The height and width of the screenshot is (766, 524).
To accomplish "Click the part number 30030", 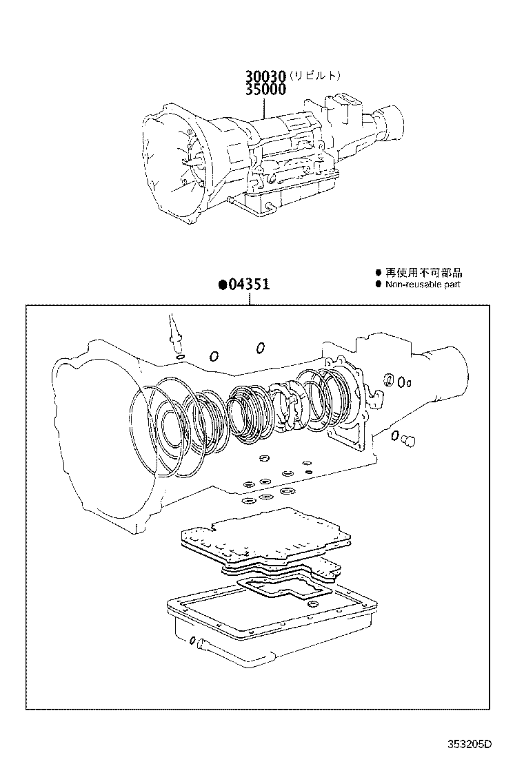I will [x=265, y=76].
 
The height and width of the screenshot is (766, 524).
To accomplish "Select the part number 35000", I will [x=265, y=89].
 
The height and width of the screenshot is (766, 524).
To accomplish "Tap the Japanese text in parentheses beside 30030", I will [x=314, y=76].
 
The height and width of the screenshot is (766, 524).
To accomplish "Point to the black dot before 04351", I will [x=223, y=284].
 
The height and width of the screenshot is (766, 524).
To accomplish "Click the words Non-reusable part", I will [x=423, y=284].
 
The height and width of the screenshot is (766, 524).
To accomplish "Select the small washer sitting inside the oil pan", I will [x=313, y=604].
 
